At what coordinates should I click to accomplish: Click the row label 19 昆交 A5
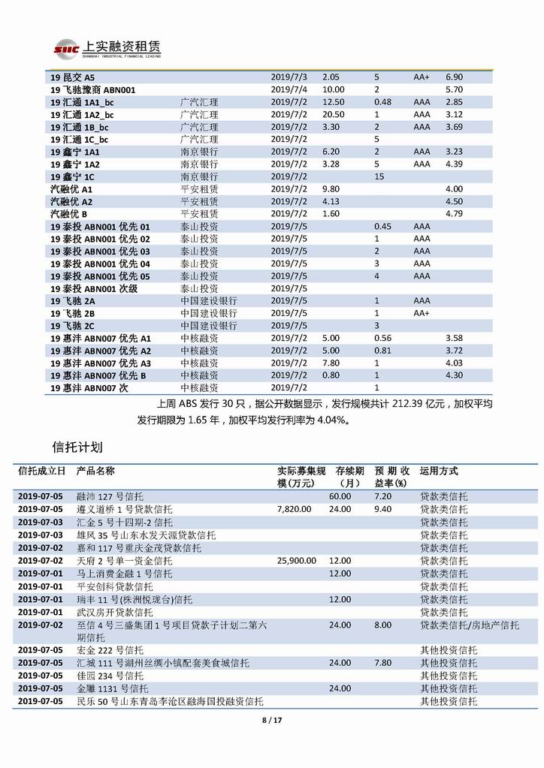(73, 77)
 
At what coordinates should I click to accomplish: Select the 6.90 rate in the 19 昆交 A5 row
(454, 77)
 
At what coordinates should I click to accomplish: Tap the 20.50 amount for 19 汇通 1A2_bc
(334, 114)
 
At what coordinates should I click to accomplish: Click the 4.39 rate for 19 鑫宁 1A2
(454, 164)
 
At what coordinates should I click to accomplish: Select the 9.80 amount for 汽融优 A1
(331, 189)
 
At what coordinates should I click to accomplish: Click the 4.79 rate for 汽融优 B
(454, 214)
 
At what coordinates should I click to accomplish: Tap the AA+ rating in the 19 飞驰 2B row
(422, 313)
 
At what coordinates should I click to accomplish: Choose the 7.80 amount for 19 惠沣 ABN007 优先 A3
(331, 363)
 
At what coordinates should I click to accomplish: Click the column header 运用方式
(439, 471)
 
